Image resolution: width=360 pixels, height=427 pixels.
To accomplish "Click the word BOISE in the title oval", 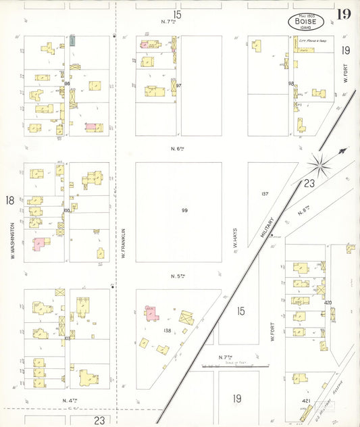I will click(307, 22).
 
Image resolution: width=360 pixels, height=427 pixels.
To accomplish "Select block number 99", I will click(184, 211).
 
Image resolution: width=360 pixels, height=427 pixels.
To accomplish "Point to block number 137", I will click(265, 194).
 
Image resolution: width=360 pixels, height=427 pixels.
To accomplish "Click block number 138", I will click(167, 330).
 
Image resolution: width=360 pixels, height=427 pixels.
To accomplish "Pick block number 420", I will click(328, 303).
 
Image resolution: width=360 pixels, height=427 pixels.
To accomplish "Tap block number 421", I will click(306, 400).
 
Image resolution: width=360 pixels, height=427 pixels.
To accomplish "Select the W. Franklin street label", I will click(124, 243).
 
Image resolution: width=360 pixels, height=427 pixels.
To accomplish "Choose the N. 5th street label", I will click(178, 276).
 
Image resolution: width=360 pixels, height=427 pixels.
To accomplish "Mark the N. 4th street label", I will click(68, 401).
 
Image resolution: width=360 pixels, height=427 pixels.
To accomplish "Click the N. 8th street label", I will click(304, 211).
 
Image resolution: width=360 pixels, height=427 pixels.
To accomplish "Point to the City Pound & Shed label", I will click(313, 41).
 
